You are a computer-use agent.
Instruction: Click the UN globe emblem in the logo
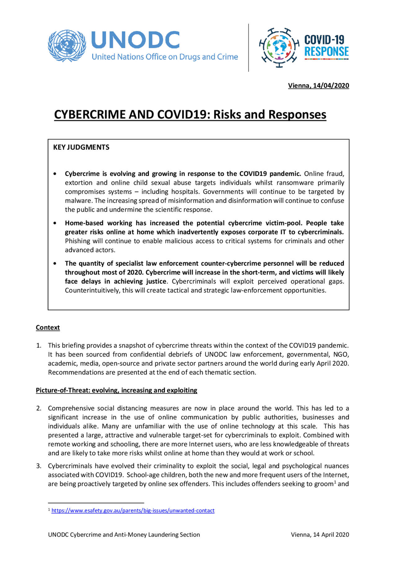click(x=67, y=46)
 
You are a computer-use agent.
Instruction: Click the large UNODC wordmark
click(x=136, y=40)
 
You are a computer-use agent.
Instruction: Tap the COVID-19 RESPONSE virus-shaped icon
click(x=279, y=47)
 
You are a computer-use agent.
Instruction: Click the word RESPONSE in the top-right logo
click(x=326, y=52)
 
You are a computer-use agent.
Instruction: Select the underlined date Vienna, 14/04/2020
click(x=318, y=86)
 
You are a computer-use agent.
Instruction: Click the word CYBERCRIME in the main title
click(x=90, y=115)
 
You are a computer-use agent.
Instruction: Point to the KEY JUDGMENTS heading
click(x=81, y=147)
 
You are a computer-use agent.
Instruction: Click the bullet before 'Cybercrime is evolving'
click(x=55, y=174)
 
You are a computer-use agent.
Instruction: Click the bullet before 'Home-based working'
click(x=55, y=223)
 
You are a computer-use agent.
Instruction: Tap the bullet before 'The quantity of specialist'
click(x=55, y=263)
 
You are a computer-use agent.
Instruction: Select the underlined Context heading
click(x=48, y=328)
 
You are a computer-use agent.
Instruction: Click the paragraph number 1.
click(x=38, y=346)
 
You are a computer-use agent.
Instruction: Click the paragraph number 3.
click(x=38, y=466)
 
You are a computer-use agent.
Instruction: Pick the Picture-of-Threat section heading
click(x=116, y=390)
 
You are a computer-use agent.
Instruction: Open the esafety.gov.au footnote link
click(x=133, y=510)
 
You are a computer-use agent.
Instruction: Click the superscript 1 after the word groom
click(x=335, y=482)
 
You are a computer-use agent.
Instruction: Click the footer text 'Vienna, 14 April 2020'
click(x=320, y=535)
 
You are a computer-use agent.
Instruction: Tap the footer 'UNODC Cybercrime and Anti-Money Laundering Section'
click(x=124, y=535)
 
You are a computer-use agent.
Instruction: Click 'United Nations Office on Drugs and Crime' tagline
click(x=165, y=57)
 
